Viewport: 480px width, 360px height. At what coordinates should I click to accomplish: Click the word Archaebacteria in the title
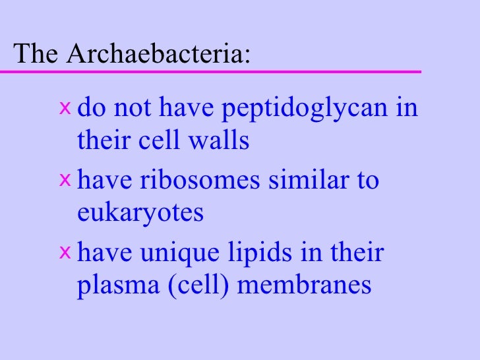coord(158,53)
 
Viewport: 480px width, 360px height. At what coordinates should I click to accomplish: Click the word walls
coord(222,141)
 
